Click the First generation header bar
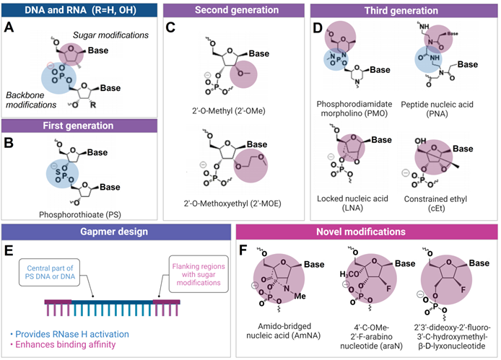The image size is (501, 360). [78, 125]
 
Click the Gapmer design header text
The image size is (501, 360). [118, 233]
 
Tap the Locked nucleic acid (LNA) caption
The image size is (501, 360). [352, 197]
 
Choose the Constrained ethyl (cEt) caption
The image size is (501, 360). [439, 197]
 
